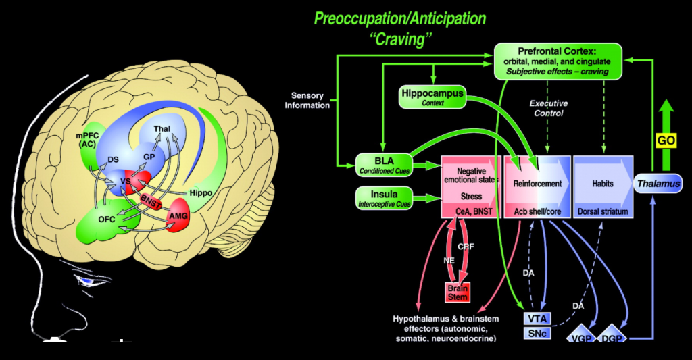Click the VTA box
(537, 317)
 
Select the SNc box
(537, 333)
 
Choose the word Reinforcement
(537, 183)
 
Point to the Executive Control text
(548, 109)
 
